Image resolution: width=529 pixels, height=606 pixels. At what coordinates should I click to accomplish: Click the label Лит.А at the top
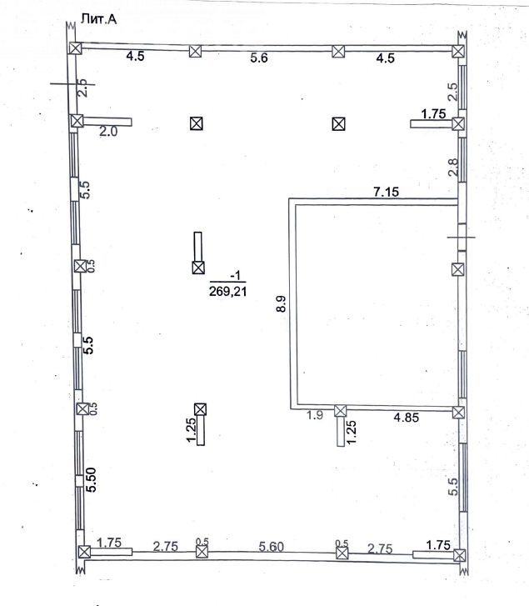click(98, 19)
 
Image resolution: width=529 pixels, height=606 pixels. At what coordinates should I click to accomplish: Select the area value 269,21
click(227, 291)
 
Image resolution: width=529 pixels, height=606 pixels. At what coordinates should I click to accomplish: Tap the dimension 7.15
click(387, 192)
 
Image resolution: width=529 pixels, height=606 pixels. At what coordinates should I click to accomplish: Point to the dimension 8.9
click(282, 303)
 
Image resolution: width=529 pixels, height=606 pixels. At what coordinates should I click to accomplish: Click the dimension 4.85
click(407, 418)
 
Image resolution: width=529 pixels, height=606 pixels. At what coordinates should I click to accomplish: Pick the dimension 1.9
click(315, 415)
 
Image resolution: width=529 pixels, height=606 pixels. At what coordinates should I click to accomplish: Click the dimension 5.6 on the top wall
click(259, 58)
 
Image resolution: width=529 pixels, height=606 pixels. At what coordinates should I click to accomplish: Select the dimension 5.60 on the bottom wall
click(271, 547)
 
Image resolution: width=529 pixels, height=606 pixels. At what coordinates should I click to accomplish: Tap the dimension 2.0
click(108, 132)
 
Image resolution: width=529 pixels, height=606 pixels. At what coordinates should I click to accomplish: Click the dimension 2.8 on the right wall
click(453, 167)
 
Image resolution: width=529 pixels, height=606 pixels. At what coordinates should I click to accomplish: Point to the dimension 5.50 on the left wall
click(91, 479)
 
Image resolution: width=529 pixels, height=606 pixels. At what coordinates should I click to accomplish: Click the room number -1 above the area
click(235, 275)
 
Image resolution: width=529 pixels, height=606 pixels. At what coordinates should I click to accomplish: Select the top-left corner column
click(75, 48)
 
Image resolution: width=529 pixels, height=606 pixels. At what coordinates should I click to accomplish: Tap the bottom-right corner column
click(459, 556)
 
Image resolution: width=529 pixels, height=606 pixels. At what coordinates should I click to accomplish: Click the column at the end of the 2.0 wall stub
click(77, 121)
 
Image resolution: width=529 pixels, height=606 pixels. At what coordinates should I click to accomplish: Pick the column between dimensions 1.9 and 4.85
click(340, 411)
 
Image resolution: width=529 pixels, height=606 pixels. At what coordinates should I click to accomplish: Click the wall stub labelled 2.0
click(107, 122)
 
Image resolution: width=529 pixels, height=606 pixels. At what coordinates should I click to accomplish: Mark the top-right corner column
click(458, 51)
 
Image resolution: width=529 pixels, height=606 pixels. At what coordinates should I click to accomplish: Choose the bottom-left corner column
click(84, 552)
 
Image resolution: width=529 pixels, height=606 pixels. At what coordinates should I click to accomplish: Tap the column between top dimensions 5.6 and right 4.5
click(338, 52)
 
